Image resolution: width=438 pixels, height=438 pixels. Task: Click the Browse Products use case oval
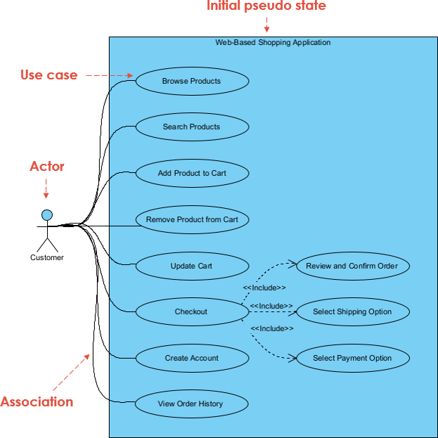191,81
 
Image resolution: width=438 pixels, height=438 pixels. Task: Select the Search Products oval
191,127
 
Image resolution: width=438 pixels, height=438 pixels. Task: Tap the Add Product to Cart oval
191,173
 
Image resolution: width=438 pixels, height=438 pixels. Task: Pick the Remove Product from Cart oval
191,219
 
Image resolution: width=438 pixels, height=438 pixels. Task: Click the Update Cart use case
191,266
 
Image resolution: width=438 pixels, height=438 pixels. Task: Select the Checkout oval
191,311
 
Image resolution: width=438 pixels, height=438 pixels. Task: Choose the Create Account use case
191,358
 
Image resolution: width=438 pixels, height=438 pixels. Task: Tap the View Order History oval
191,404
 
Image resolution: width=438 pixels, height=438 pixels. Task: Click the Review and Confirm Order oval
352,266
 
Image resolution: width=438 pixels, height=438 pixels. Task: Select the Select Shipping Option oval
352,311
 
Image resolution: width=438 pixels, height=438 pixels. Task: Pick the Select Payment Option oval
352,358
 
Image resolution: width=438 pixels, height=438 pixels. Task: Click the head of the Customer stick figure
47,214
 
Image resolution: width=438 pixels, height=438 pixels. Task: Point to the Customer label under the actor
47,257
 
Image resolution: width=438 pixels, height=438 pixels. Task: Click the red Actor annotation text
47,167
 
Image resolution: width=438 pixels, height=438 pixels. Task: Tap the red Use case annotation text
49,75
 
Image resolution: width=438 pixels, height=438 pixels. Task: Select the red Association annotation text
37,402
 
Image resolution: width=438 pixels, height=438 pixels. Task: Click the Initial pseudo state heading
266,6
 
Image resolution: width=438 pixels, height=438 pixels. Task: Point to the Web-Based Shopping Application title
273,43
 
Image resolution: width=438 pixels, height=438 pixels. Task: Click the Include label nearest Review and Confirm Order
264,288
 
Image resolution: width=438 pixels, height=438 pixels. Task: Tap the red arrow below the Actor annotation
47,188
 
